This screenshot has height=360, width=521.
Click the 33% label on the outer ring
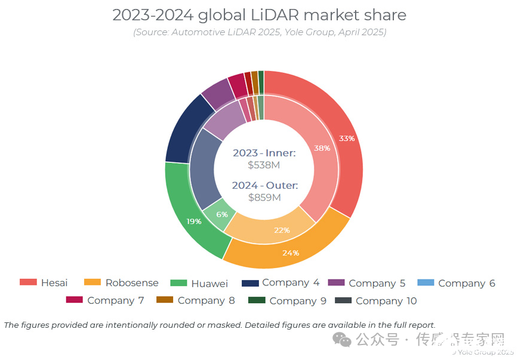pos(347,139)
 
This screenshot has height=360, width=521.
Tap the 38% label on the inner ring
pos(322,148)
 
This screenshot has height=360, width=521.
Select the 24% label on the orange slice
pos(291,253)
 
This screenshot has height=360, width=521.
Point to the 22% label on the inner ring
pos(282,230)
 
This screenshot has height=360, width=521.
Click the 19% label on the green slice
pos(194,221)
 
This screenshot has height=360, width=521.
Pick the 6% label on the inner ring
pos(222,214)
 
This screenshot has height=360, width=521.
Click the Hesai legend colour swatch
pos(28,282)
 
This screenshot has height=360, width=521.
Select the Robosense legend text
pos(132,283)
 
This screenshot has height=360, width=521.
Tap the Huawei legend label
pos(209,283)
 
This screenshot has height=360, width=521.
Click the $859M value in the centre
pos(264,197)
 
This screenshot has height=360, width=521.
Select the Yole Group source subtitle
pos(259,32)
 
